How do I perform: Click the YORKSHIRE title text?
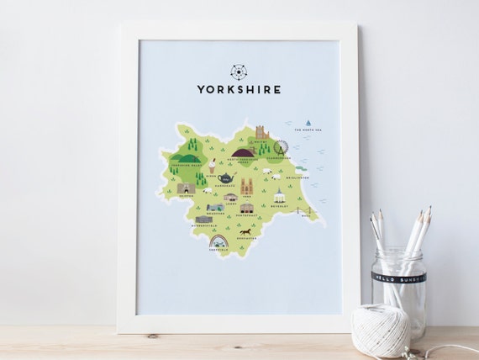(x=239, y=88)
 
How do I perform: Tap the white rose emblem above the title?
(x=239, y=71)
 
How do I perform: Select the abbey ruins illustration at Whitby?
(x=262, y=135)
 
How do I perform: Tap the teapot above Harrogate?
(x=224, y=178)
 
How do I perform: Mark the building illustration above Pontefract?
(x=246, y=208)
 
